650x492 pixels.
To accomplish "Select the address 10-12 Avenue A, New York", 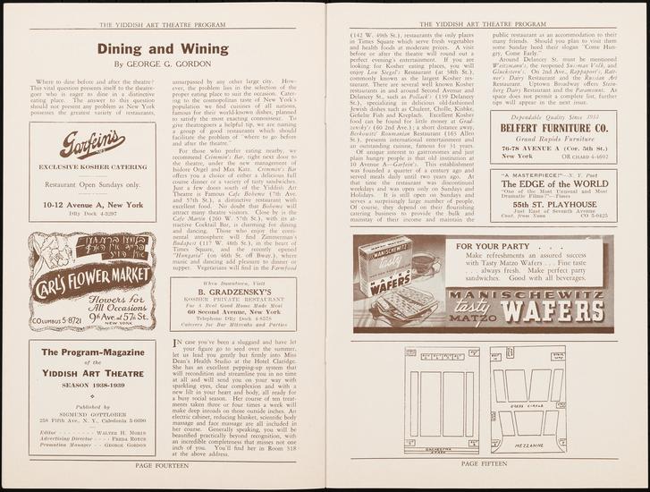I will pyautogui.click(x=92, y=205).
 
